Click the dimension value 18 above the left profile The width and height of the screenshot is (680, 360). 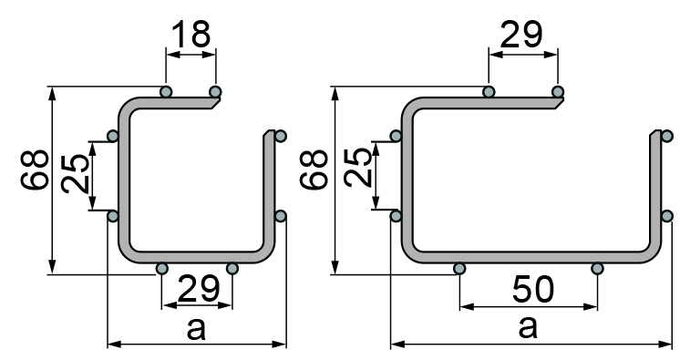coord(191,34)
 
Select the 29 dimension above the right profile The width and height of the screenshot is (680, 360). coord(520,34)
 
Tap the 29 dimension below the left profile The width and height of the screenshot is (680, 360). coord(199,289)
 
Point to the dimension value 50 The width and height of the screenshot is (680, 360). coord(533,289)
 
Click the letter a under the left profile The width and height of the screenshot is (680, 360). coord(196,329)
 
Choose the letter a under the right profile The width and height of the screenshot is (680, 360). coord(528,327)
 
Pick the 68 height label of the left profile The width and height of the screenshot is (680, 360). coord(35,170)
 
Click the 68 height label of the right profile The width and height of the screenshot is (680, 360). coord(314,170)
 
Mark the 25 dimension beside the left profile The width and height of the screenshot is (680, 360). coord(76,173)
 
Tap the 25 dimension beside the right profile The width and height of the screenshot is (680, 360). coord(358,168)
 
